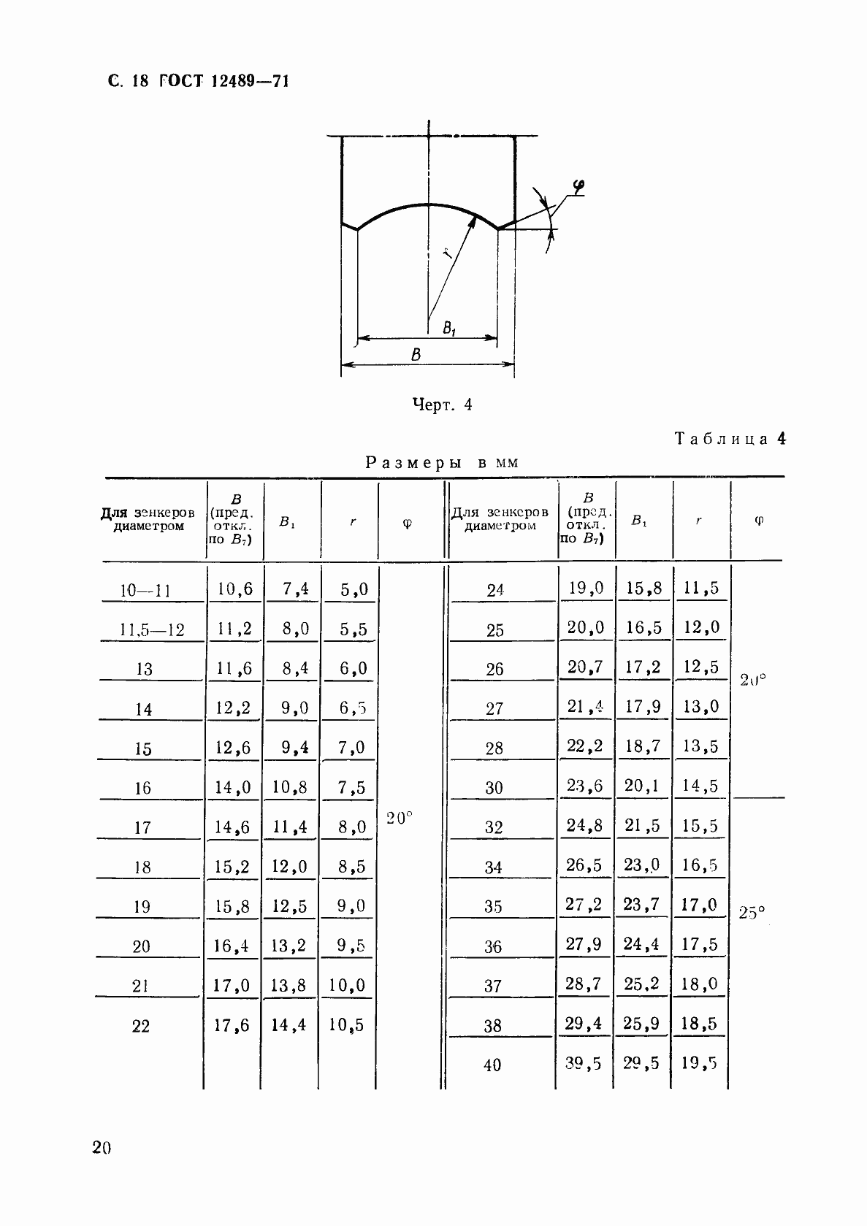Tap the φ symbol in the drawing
[577, 188]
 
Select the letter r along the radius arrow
[447, 253]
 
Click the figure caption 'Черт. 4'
[442, 405]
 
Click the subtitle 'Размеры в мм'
[442, 462]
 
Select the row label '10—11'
[145, 590]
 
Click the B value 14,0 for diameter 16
[233, 787]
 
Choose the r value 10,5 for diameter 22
[348, 1025]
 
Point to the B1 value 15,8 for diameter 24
[643, 588]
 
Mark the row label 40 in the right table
[492, 1065]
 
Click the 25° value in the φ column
[752, 913]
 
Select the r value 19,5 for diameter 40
[700, 1064]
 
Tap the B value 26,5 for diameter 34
[584, 865]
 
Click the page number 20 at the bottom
[102, 1148]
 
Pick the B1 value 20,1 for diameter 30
[641, 786]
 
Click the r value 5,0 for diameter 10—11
[354, 589]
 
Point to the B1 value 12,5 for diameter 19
[290, 906]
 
